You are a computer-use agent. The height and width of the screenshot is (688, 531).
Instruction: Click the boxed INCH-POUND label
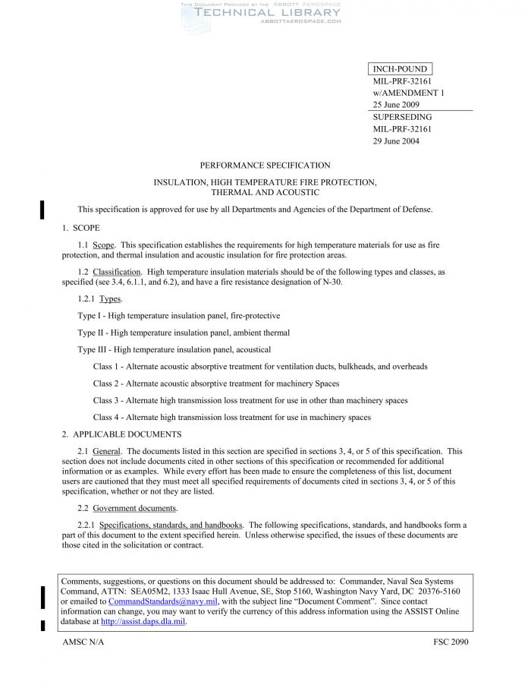click(400, 69)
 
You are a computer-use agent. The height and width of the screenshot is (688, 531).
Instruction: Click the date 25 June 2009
click(395, 105)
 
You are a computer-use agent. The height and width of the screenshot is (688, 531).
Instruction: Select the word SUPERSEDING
click(402, 117)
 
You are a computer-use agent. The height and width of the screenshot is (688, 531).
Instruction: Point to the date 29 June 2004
click(395, 141)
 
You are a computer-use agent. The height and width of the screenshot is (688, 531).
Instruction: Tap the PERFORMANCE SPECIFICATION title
click(265, 165)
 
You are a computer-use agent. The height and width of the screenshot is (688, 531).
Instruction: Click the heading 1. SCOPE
click(80, 228)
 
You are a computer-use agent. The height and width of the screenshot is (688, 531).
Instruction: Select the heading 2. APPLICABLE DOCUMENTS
click(121, 434)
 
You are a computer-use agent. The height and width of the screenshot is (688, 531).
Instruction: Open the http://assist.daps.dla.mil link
click(143, 621)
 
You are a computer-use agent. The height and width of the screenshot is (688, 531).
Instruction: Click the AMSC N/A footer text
click(83, 642)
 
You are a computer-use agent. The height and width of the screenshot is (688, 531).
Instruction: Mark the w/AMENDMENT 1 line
click(408, 93)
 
